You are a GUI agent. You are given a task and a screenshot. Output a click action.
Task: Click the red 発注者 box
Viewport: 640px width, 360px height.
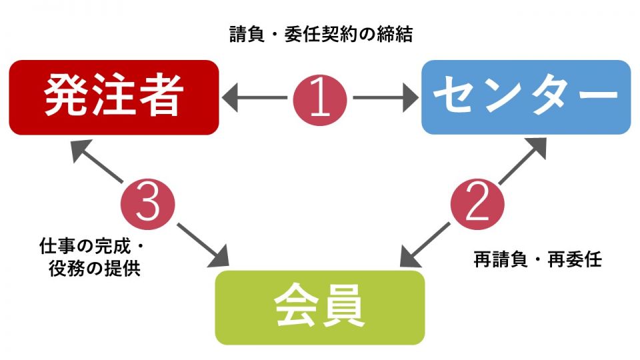(114, 97)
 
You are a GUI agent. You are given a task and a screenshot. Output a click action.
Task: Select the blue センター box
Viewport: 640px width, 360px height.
(526, 97)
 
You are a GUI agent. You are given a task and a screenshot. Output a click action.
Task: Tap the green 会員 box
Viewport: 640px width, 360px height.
(319, 307)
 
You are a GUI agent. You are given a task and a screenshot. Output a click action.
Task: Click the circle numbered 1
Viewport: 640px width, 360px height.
(320, 98)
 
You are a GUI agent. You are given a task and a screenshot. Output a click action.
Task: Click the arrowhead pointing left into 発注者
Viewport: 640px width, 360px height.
(232, 98)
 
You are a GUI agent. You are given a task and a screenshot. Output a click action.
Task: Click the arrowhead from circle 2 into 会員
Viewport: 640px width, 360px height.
(410, 257)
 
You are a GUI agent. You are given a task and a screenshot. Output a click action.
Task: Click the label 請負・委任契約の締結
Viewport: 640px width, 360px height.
(321, 35)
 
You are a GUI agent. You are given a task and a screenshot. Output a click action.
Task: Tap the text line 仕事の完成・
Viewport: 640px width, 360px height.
(92, 249)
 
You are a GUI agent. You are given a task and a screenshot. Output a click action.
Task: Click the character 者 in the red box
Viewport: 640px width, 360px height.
(160, 98)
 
